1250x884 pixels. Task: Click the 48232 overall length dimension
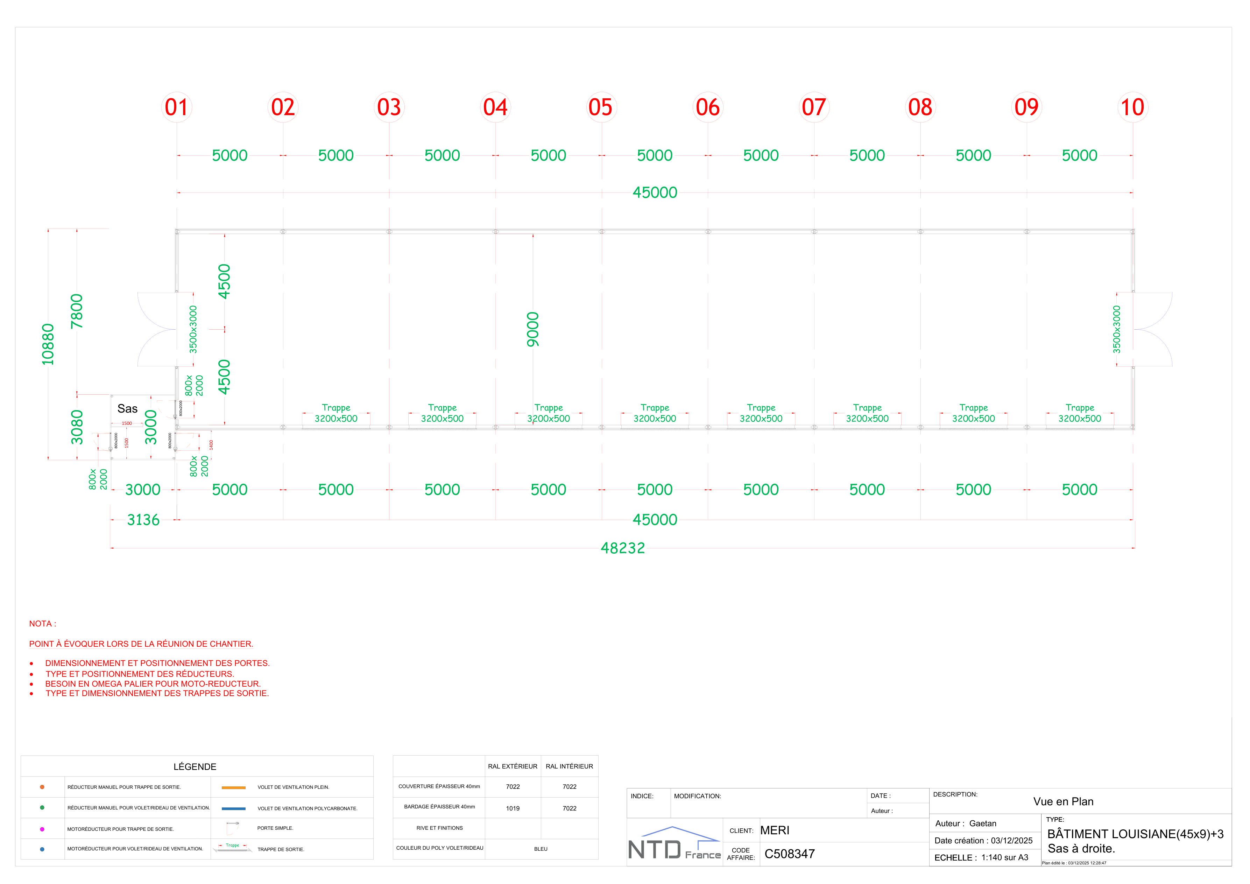[x=622, y=548]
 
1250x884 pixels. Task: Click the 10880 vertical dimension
[x=48, y=344]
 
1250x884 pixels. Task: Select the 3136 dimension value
[x=143, y=520]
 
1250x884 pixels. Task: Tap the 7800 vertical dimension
[x=77, y=311]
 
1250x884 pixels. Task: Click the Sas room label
[x=127, y=408]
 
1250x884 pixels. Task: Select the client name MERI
[x=775, y=830]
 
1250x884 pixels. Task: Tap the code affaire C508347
[x=789, y=854]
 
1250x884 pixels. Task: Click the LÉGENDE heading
[x=195, y=766]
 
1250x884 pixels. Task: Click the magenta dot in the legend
[x=42, y=829]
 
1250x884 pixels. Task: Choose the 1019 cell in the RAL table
[x=512, y=808]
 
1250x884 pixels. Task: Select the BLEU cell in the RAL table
[x=541, y=849]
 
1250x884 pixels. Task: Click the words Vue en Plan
[x=1063, y=801]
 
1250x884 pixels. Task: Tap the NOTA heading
[x=42, y=624]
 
